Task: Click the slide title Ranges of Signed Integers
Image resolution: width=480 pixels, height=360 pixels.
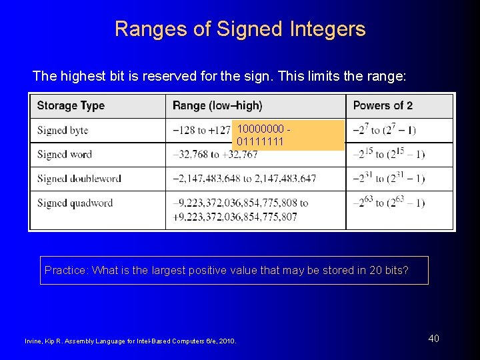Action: click(x=240, y=29)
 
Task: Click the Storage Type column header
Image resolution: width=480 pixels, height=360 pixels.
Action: click(x=71, y=105)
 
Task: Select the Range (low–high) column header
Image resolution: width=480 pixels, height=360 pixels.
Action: click(x=217, y=105)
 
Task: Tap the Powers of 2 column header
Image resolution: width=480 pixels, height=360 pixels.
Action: click(x=383, y=105)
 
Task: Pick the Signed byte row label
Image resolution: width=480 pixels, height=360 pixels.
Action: click(x=63, y=131)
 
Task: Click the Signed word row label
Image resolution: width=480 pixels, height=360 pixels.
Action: click(x=65, y=155)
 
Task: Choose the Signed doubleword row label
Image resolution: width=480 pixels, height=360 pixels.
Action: click(x=79, y=179)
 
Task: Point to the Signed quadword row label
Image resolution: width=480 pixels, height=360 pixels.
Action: click(x=75, y=203)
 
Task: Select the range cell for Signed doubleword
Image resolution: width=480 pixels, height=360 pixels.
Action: click(x=244, y=179)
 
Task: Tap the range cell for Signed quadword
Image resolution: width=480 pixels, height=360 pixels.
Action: click(x=240, y=210)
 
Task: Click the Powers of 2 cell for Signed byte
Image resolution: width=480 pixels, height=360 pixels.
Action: click(x=385, y=129)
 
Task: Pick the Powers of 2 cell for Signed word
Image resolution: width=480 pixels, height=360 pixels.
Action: click(x=389, y=154)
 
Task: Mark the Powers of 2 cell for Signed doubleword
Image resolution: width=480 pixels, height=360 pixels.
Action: click(x=389, y=178)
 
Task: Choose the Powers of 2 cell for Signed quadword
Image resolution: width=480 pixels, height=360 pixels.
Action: click(x=389, y=202)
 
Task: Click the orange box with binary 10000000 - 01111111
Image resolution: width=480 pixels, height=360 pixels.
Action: click(x=288, y=135)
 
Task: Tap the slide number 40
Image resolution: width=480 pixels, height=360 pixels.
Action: click(x=433, y=339)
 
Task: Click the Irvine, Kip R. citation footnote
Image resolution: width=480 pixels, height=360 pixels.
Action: click(x=131, y=342)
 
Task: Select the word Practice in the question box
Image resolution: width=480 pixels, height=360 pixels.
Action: click(x=65, y=270)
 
